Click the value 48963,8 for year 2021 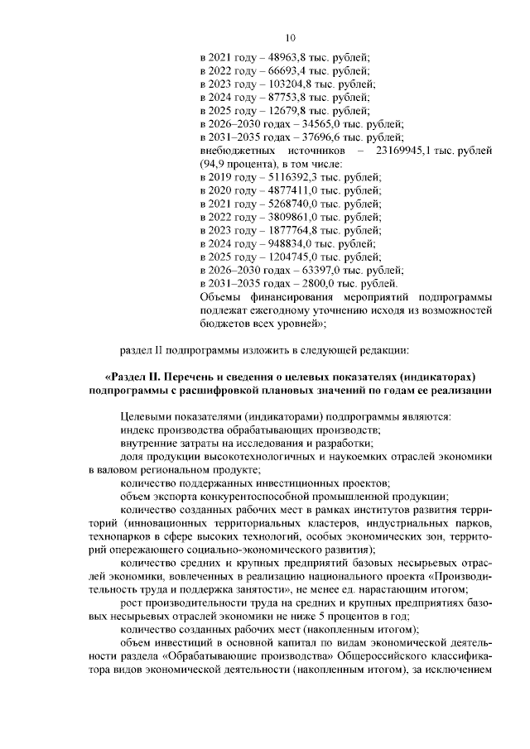285,58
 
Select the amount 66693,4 285,71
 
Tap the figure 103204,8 287,84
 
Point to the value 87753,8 285,98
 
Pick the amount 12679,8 285,111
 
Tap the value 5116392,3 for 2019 291,177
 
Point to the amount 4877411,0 291,190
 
